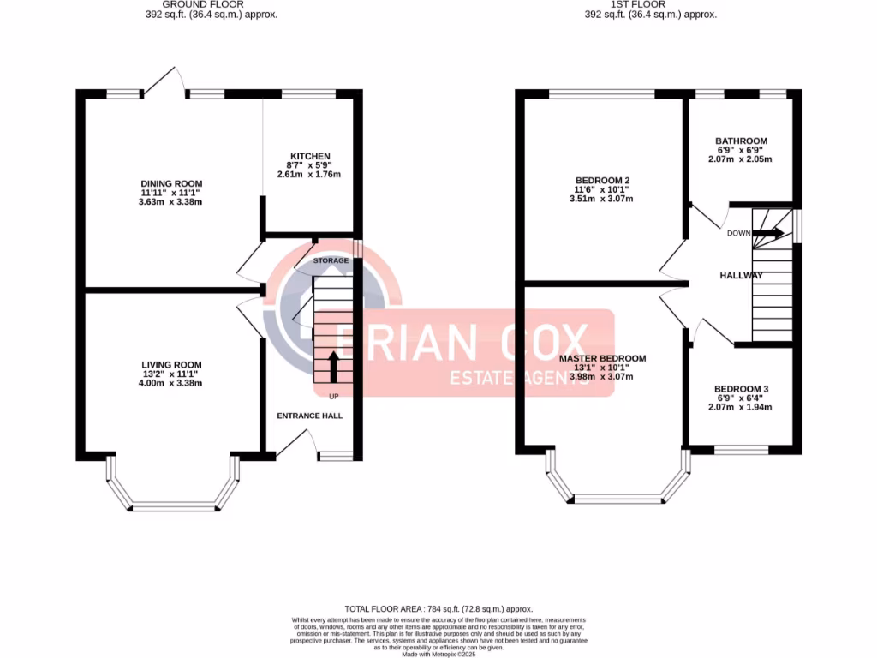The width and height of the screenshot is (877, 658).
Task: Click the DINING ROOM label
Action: point(171,183)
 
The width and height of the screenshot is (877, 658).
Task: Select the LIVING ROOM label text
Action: point(171,365)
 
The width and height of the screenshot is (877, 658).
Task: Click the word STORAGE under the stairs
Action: point(331,260)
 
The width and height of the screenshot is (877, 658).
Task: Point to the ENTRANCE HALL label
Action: point(309,416)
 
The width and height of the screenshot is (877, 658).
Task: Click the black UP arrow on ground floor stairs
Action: point(332,367)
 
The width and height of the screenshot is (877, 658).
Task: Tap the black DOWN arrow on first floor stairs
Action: point(767,233)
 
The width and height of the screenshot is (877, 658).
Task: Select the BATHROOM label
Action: point(741,141)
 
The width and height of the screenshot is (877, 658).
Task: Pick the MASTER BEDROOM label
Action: point(602,358)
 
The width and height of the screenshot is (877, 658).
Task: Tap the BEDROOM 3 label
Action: point(742,389)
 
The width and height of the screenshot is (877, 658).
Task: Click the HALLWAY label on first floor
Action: point(741,275)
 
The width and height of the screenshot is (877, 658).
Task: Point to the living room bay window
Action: point(172,505)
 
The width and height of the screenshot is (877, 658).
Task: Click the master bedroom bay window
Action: point(617,498)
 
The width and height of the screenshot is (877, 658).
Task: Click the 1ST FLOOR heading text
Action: point(649,5)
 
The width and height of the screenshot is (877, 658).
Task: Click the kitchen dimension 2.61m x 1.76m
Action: point(308,175)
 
